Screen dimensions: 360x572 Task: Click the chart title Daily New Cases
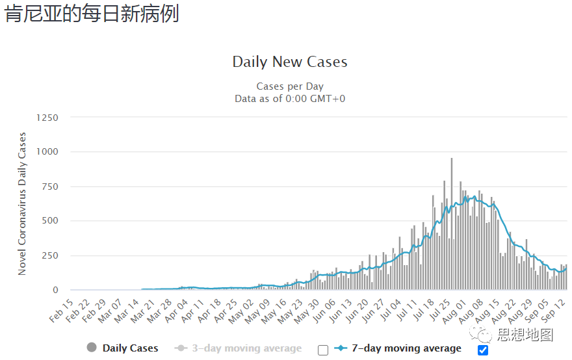coord(290,62)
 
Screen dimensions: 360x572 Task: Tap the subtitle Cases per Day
coord(290,86)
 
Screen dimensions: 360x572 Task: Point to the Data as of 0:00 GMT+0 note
coord(290,98)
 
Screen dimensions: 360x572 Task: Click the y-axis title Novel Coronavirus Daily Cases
coord(23,203)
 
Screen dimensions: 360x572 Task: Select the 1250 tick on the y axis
coord(47,118)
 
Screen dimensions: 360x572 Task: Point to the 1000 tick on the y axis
coord(47,152)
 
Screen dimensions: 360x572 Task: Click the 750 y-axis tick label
coord(49,186)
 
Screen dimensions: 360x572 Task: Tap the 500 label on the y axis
coord(49,221)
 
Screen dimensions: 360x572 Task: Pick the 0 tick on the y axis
coord(55,290)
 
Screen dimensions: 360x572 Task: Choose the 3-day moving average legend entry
coord(238,348)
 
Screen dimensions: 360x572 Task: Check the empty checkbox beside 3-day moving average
coord(323,350)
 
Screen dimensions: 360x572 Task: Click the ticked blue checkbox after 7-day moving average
coord(482,350)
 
